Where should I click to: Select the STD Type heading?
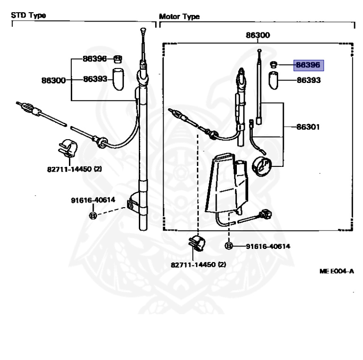pos(29,15)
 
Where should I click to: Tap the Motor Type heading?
pos(180,17)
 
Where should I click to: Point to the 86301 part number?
pos(309,127)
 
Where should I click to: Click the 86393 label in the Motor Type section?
pos(309,80)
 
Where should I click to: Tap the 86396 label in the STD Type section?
pos(95,59)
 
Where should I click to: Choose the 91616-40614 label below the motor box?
pos(265,246)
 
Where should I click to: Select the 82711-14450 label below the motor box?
pos(198,265)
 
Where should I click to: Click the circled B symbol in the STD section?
pos(93,216)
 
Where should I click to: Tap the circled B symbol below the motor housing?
pos(229,246)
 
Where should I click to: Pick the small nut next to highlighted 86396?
pos(273,64)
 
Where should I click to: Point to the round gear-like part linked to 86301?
pos(262,166)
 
